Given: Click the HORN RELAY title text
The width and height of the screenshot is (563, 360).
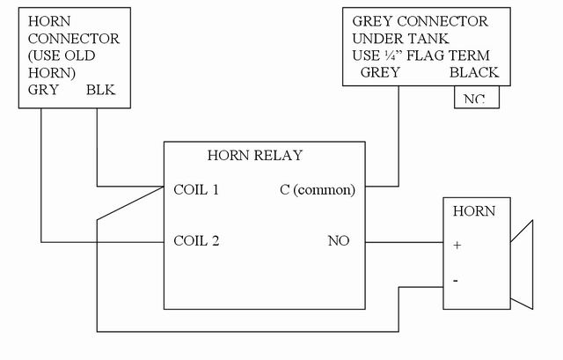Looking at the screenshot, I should pos(254,156).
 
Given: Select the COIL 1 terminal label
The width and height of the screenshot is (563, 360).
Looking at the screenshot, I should pos(197,189).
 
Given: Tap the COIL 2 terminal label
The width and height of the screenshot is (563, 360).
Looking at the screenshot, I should pos(197,240).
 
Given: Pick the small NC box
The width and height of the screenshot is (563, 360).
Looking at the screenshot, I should pos(476,98).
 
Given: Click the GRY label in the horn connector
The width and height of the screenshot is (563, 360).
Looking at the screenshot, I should pos(43,90).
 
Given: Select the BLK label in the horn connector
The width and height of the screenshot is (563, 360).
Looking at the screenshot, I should pos(99,90).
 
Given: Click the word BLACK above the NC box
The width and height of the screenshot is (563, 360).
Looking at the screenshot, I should pos(473,73).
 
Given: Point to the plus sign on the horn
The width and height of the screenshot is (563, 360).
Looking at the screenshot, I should pos(457,245).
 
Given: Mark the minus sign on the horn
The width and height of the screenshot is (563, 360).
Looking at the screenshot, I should pos(456,280).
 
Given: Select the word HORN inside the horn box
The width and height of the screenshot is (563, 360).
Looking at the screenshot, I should pos(473,211).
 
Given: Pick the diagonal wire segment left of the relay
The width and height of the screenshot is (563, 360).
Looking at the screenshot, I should pos(130,204).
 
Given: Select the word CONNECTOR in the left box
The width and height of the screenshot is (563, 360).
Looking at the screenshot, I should pos(74,39).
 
